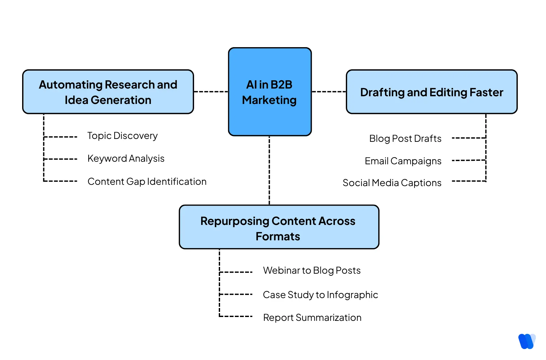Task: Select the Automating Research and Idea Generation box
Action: point(108,92)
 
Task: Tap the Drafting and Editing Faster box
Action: point(431,92)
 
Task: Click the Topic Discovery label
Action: point(122,136)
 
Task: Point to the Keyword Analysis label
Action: point(126,159)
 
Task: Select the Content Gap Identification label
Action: point(147,182)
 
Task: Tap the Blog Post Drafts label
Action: point(405,139)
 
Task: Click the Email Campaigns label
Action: point(403,161)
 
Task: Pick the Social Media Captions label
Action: point(392,183)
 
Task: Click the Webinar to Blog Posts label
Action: point(311,270)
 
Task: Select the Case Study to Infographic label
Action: point(320,295)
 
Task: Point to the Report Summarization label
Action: point(312,318)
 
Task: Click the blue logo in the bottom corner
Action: point(526,341)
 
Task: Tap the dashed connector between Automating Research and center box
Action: point(211,92)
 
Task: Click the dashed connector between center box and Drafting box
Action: point(328,92)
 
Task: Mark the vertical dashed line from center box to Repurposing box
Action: point(269,170)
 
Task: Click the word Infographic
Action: point(352,295)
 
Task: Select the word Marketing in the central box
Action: point(269,100)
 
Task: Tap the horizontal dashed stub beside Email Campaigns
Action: point(468,160)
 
